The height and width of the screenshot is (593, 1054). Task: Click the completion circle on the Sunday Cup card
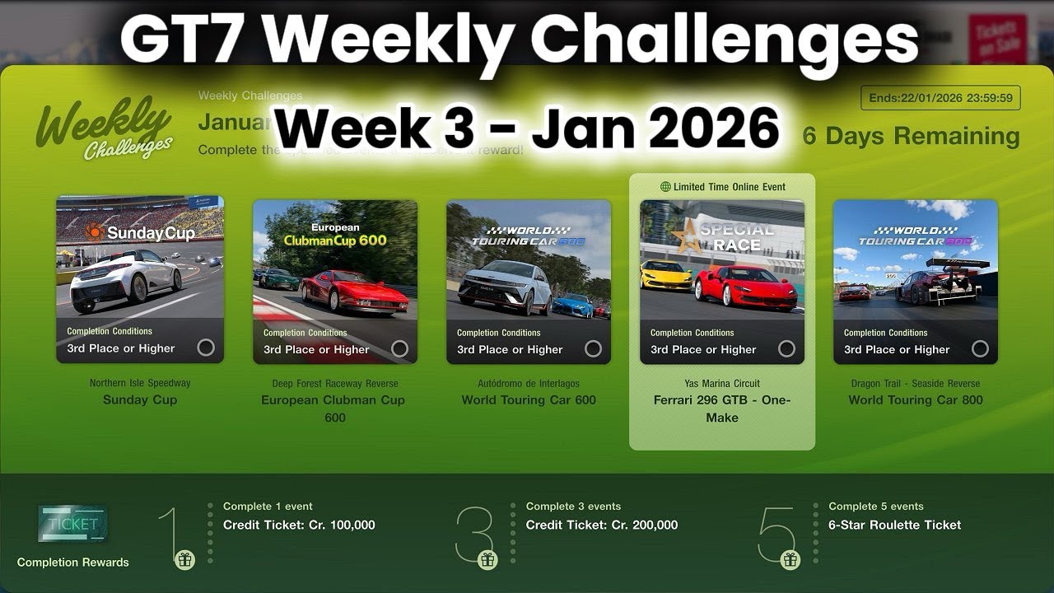[206, 348]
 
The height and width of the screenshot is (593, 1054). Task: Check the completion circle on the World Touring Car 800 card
[980, 348]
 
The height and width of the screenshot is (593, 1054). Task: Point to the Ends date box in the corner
[940, 98]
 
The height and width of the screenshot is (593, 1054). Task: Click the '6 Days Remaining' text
[911, 136]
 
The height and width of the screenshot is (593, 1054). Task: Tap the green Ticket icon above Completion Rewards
[72, 524]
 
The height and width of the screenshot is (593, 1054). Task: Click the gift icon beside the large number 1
[184, 560]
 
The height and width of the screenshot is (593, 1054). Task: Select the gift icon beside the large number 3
[488, 560]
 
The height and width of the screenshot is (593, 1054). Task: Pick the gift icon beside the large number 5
[790, 560]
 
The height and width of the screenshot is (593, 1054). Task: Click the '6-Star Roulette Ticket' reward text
[894, 525]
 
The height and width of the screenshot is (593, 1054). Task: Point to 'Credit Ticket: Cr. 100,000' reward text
[299, 525]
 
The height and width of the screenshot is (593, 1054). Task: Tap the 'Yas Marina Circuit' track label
[722, 383]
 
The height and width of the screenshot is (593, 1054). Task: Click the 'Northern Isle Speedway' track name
[140, 383]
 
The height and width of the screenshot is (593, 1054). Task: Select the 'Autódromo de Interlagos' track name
[529, 383]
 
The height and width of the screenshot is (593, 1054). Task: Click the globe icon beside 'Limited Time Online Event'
[665, 187]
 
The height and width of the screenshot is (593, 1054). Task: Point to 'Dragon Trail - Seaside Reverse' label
[916, 383]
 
